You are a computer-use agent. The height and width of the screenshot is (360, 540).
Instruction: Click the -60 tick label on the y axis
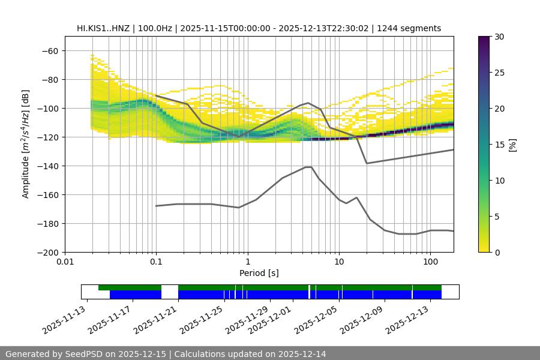pyautogui.click(x=50, y=51)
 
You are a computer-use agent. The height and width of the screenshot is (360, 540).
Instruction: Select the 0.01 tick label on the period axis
pyautogui.click(x=65, y=262)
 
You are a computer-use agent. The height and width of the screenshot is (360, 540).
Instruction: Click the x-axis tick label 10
pyautogui.click(x=338, y=262)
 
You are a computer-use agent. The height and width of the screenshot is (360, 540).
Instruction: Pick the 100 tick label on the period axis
pyautogui.click(x=430, y=262)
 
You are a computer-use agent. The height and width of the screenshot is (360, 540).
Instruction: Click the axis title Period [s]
pyautogui.click(x=259, y=273)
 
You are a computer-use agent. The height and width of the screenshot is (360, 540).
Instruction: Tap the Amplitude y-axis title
pyautogui.click(x=26, y=145)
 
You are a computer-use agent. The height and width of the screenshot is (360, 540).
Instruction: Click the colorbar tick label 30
pyautogui.click(x=499, y=37)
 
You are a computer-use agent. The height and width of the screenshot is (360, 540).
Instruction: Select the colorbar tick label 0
pyautogui.click(x=497, y=253)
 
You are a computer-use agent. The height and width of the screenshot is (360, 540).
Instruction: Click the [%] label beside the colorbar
pyautogui.click(x=512, y=145)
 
